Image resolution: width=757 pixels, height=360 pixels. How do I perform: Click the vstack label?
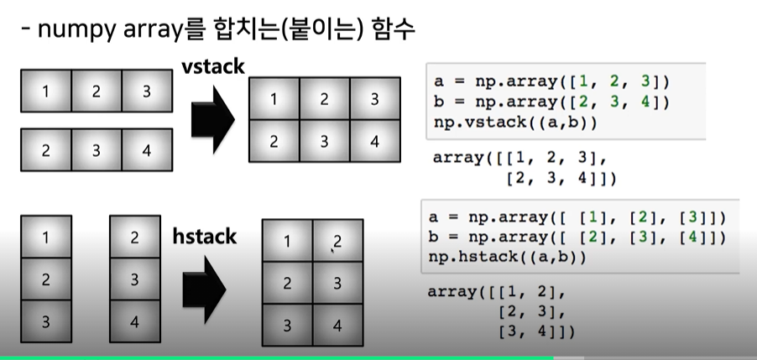coord(213,67)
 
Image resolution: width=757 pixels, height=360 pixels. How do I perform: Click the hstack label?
coord(204,237)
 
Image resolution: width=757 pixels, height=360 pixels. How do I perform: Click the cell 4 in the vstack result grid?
coord(373,141)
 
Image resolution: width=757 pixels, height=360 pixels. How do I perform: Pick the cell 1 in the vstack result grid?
coord(274,100)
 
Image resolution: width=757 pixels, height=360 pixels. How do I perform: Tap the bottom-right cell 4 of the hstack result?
coord(338,324)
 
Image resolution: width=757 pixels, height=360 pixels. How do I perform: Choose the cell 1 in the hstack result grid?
coord(288,243)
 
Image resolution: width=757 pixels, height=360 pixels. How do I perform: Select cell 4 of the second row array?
coord(147,152)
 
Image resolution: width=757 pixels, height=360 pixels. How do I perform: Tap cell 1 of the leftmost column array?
coord(45,238)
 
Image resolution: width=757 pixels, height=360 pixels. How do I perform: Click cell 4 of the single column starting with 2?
coord(135,321)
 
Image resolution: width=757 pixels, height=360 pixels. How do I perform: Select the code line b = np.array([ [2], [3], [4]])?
coord(576,237)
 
